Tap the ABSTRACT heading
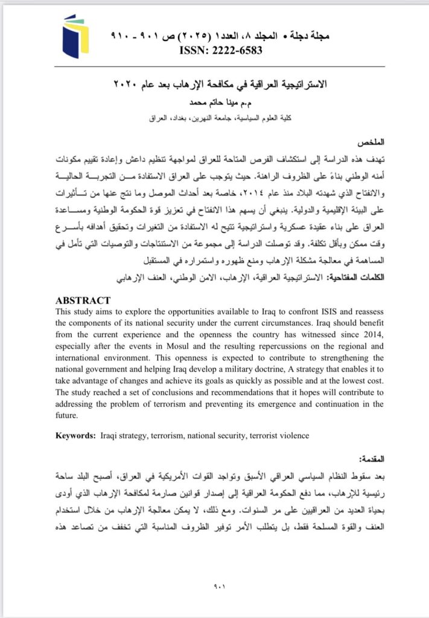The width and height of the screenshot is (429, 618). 83,300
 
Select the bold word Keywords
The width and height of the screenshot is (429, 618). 75,435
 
